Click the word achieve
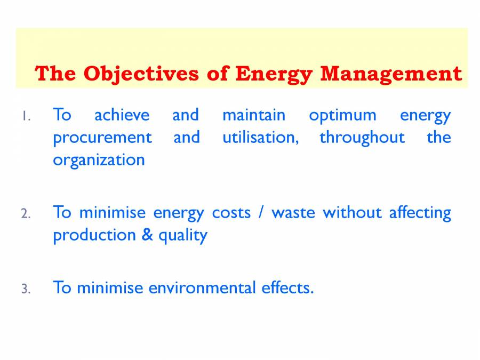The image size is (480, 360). coord(122,115)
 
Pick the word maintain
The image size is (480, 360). coord(253,115)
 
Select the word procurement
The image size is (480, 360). coord(102,138)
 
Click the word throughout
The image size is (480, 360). coord(362,138)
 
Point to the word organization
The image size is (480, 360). coord(99,161)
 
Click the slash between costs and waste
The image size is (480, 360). coord(261,213)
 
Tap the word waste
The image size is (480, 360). coord(293,213)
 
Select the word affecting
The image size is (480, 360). coord(420,213)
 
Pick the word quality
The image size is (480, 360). coord(182,236)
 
